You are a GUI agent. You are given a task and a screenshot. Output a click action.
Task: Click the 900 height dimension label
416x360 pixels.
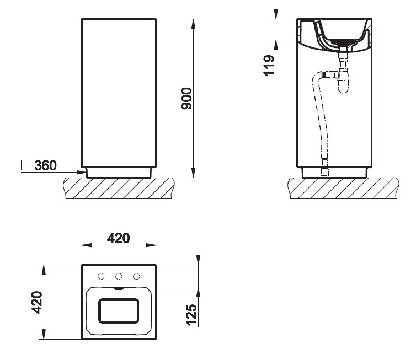186,99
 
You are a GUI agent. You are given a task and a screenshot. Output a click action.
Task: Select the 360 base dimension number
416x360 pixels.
45,165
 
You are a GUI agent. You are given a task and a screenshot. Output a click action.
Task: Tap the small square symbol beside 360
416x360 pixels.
26,165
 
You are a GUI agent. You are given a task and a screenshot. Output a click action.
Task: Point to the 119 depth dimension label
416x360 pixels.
269,66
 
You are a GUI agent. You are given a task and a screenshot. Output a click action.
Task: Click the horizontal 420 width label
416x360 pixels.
118,238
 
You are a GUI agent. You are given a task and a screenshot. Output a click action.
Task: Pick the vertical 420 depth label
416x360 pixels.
36,302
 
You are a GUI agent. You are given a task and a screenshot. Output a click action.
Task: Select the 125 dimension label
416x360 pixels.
191,315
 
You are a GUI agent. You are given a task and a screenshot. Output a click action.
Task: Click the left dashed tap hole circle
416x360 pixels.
101,276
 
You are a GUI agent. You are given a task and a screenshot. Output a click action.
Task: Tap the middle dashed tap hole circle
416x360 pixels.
119,276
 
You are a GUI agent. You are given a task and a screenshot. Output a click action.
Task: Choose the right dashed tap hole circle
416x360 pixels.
136,276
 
